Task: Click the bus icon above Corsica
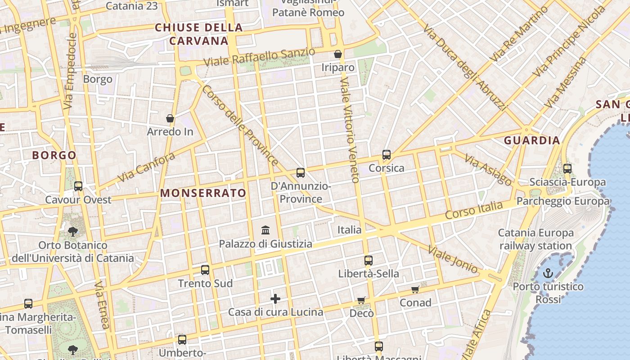[x=386, y=155]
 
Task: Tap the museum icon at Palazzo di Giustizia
[x=265, y=230]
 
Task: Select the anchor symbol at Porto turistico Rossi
[x=548, y=273]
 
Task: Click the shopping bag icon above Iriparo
[x=338, y=54]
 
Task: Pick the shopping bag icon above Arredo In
[x=170, y=118]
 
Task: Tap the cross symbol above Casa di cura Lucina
[x=275, y=298]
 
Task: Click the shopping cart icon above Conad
[x=415, y=289]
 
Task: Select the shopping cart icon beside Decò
[x=361, y=300]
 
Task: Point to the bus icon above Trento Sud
[x=205, y=270]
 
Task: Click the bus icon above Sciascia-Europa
[x=567, y=169]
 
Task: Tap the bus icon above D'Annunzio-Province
[x=301, y=173]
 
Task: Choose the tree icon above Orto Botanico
[x=72, y=232]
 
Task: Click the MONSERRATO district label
[x=203, y=193]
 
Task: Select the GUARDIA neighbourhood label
[x=532, y=140]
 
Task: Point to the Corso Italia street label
[x=473, y=211]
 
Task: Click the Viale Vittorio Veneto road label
[x=349, y=130]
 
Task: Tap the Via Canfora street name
[x=146, y=167]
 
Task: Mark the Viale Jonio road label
[x=452, y=260]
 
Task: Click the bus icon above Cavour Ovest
[x=78, y=186]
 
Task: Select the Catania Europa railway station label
[x=535, y=239]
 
